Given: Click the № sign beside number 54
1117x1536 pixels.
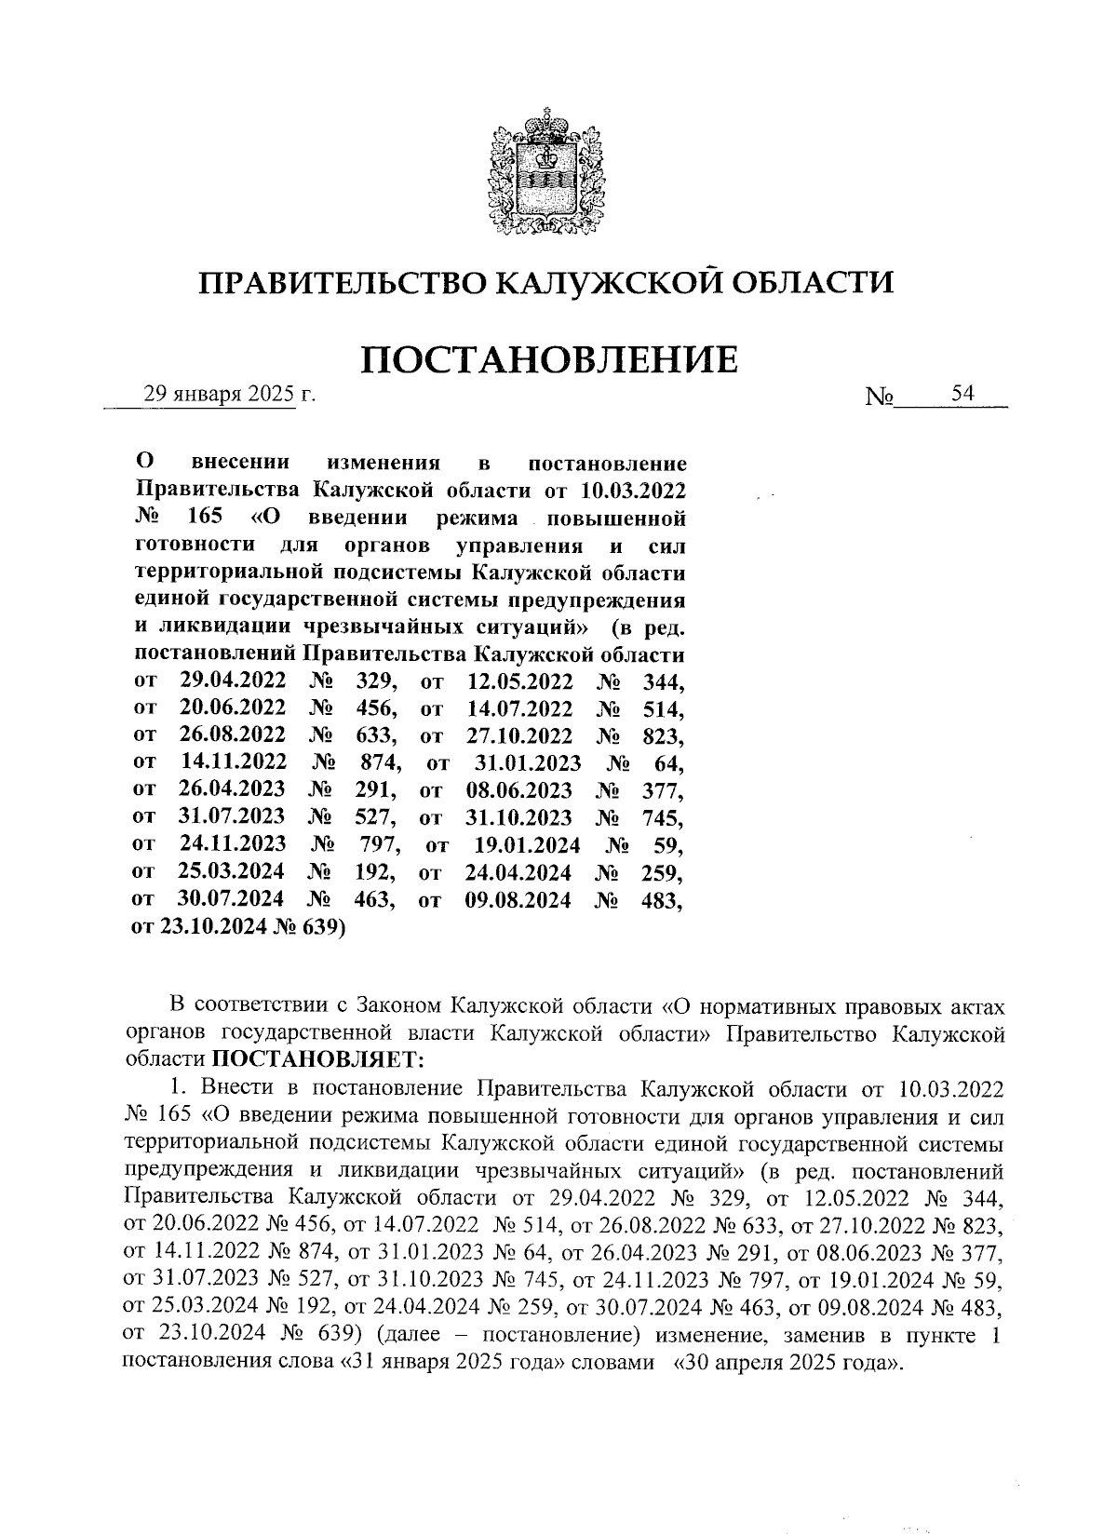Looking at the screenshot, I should [880, 397].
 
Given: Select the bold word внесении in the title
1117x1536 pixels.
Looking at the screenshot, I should [240, 463].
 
